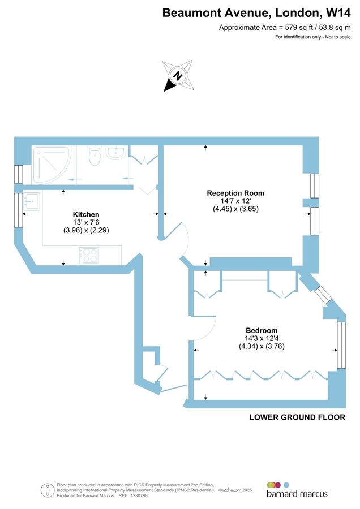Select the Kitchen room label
click(x=86, y=214)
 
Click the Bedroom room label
click(x=261, y=330)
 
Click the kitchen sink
click(x=31, y=201)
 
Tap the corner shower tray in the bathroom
click(x=51, y=164)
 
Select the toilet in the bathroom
click(x=95, y=157)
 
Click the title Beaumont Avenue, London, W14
click(x=256, y=12)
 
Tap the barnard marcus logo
click(x=297, y=490)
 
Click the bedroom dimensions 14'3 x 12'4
click(x=261, y=339)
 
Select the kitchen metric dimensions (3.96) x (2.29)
click(x=86, y=231)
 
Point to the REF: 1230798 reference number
click(x=131, y=495)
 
